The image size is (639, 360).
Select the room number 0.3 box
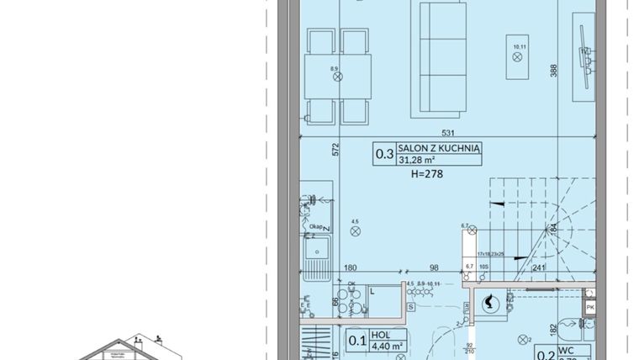point(384,154)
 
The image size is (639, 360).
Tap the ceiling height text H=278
point(427,175)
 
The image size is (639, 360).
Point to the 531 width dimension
point(448,132)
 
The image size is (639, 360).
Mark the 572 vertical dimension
point(335,151)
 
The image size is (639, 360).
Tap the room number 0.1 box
point(356,340)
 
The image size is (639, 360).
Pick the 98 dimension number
point(435,268)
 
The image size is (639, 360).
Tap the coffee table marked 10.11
point(517,57)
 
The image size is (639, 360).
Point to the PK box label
point(591,308)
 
